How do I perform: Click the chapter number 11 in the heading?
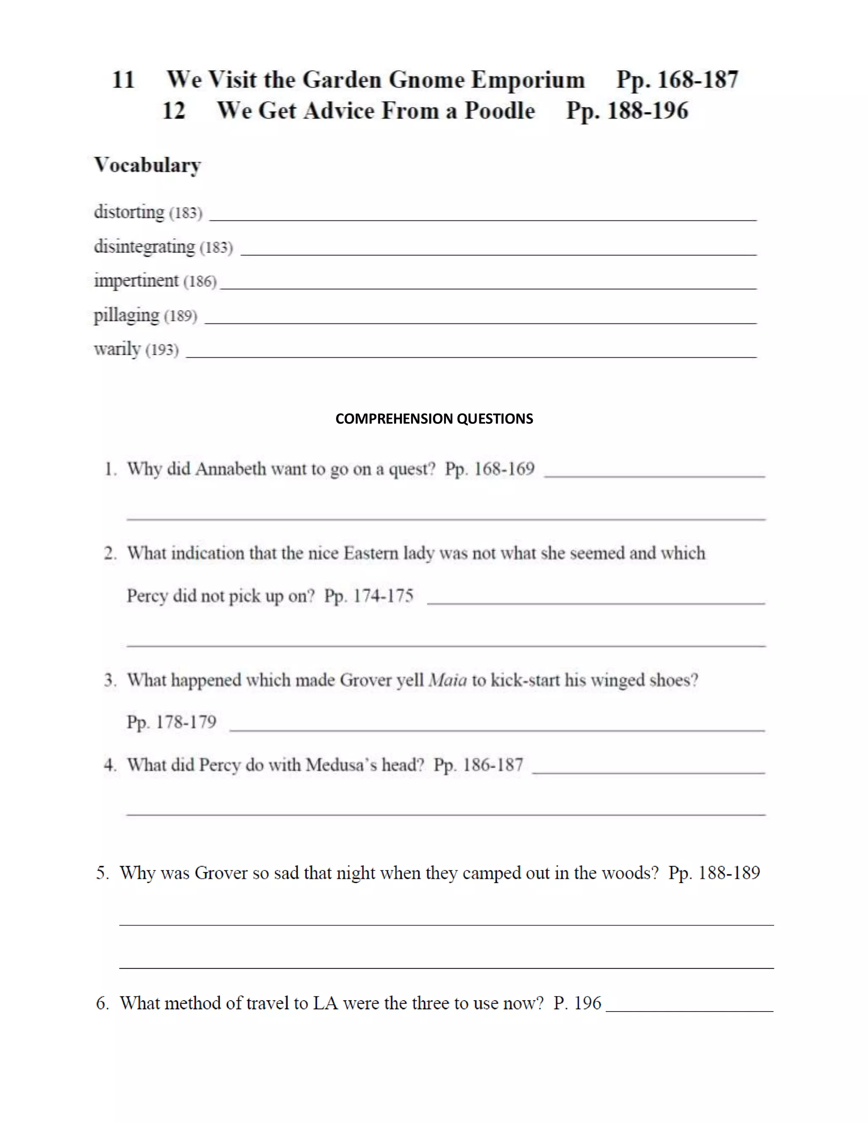[123, 80]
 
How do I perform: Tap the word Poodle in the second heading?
[499, 111]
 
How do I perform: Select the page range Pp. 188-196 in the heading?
[627, 111]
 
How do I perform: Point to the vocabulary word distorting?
[129, 212]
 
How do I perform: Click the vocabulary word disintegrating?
[145, 246]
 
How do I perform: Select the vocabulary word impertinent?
[136, 281]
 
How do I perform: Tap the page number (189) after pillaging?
[181, 316]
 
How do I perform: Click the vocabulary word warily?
[117, 349]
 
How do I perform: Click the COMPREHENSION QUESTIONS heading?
[434, 419]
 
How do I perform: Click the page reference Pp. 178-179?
[171, 723]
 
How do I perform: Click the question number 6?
[102, 1003]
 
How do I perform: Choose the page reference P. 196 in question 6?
[577, 1003]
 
